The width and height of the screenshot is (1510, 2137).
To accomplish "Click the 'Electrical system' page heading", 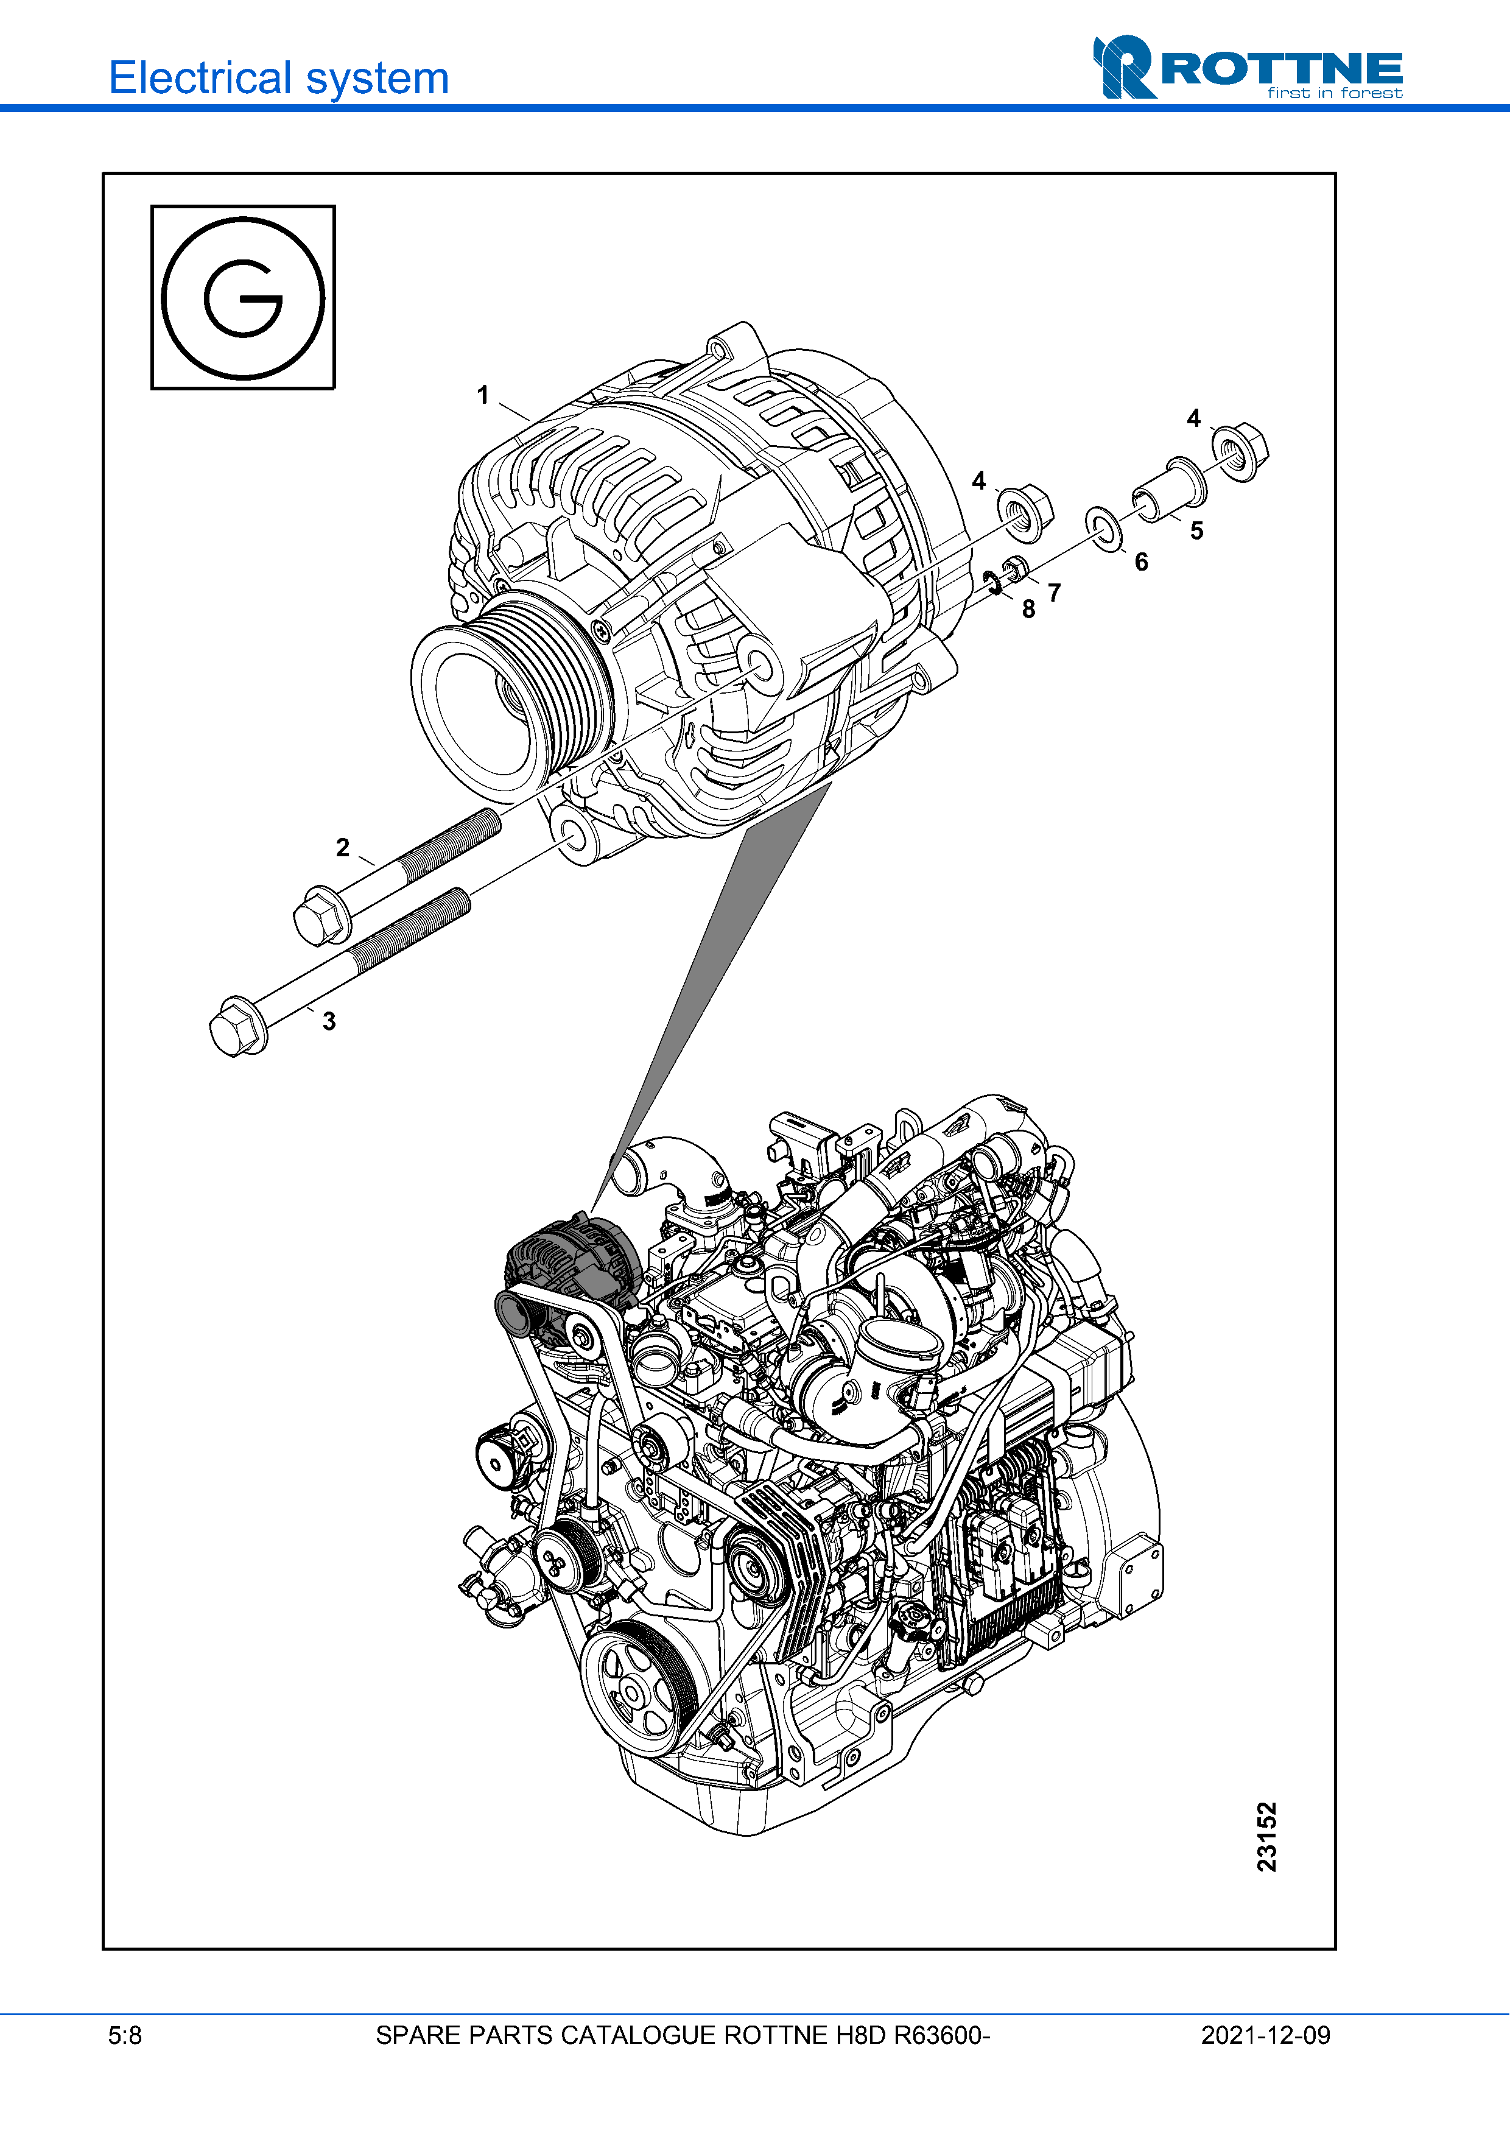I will [278, 78].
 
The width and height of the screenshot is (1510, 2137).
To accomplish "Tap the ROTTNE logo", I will [1247, 67].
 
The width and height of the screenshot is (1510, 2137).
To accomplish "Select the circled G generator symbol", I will [243, 298].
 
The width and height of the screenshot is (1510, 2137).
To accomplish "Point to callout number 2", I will [342, 847].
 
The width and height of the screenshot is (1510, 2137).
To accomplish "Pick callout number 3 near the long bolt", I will [328, 1021].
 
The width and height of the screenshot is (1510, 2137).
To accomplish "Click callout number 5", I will [1196, 530].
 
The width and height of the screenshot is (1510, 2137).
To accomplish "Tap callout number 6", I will [1140, 562].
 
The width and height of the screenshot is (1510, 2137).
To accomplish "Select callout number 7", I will [1054, 592].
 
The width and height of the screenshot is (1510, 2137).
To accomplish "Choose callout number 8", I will [1028, 609].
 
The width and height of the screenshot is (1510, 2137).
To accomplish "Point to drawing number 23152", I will [1267, 1836].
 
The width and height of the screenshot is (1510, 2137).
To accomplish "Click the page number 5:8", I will [125, 2035].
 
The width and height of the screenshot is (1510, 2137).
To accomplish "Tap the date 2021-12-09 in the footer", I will [1265, 2035].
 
